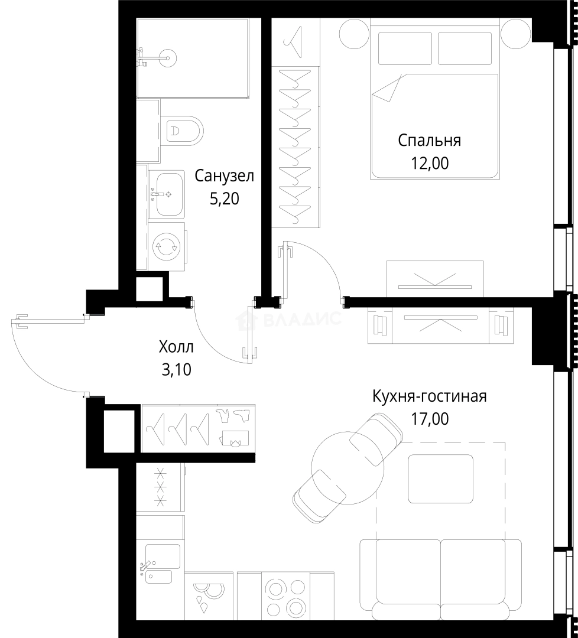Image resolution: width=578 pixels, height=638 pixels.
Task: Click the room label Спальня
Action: (430, 141)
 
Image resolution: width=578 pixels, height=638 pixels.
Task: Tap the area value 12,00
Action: (430, 163)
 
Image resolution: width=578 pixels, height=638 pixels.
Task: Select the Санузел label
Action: (224, 176)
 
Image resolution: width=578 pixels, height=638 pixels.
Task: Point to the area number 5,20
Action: (224, 199)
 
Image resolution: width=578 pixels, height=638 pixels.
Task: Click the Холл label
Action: (176, 347)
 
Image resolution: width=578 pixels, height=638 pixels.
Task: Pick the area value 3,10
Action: (176, 369)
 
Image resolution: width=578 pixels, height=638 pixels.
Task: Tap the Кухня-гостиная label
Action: (430, 396)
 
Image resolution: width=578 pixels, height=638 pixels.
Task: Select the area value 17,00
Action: (430, 418)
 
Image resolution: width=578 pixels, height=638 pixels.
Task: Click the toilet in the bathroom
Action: (182, 131)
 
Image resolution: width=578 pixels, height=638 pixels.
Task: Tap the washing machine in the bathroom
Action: (167, 246)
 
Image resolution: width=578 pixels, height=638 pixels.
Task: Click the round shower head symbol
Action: (167, 58)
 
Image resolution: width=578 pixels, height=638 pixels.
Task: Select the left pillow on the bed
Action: (405, 48)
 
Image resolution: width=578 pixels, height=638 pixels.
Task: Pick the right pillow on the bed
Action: (465, 48)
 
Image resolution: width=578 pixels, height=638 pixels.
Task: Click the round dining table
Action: (347, 468)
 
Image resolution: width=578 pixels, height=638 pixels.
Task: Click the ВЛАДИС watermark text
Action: (302, 319)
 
